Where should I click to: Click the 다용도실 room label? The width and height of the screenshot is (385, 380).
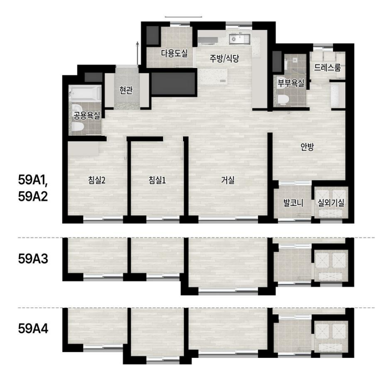(174, 53)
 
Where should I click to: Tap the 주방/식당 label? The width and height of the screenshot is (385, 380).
(224, 58)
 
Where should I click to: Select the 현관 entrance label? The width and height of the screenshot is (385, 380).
(126, 90)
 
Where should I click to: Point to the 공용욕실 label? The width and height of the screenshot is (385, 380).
(87, 115)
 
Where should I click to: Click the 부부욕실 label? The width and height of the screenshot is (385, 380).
(291, 83)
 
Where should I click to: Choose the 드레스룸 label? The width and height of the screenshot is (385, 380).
(327, 67)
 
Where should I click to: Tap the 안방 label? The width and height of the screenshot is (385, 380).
(307, 147)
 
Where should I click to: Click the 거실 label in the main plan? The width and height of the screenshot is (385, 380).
(228, 180)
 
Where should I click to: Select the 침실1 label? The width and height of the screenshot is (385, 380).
(157, 180)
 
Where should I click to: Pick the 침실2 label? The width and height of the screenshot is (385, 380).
(97, 180)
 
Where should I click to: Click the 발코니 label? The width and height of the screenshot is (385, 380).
(293, 203)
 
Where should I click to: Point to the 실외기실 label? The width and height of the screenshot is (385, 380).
(331, 203)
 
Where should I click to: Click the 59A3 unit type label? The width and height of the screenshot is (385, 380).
(33, 259)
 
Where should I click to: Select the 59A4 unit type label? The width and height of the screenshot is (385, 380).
(33, 329)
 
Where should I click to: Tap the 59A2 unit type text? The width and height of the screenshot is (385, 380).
(33, 197)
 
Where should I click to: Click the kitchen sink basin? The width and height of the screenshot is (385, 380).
(240, 39)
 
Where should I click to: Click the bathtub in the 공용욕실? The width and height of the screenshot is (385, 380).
(85, 93)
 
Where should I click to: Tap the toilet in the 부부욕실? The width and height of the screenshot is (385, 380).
(283, 100)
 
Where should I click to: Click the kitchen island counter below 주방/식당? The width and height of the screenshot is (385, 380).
(213, 76)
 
